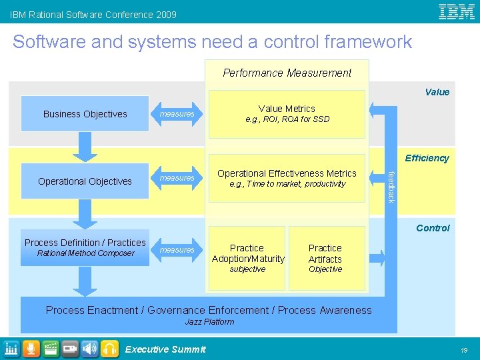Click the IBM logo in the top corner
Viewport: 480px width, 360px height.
457,11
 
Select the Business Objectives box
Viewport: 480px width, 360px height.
85,114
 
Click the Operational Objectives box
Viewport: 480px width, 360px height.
85,181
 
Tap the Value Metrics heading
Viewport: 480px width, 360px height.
287,109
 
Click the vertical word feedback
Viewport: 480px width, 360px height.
391,187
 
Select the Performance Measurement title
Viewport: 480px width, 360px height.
287,73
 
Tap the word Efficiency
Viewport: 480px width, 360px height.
427,158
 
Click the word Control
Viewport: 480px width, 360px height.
433,228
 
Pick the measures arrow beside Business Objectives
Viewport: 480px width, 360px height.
177,114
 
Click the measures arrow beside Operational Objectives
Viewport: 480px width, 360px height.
177,178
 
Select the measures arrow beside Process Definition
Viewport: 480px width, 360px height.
177,250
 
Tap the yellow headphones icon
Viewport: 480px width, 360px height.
109,348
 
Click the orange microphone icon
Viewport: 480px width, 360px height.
31,348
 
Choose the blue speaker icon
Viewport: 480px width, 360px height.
89,348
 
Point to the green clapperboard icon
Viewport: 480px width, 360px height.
50,348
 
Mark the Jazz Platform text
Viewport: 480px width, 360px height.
209,322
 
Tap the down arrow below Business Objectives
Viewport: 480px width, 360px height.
85,145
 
